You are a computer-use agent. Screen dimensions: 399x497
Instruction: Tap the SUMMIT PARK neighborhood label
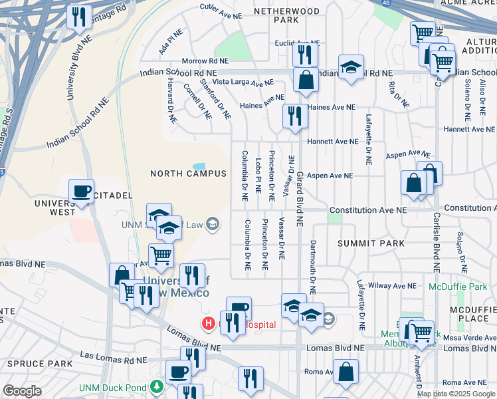coord(371,243)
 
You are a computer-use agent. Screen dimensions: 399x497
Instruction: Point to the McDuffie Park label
coord(458,287)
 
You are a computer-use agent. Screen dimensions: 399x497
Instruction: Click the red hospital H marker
coord(208,325)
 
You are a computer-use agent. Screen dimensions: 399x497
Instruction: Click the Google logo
coord(22,391)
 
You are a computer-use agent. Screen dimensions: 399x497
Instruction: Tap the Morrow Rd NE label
coord(205,61)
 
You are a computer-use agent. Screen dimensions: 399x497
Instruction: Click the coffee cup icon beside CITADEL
coord(81,192)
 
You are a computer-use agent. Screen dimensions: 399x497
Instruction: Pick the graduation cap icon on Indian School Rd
coord(351,67)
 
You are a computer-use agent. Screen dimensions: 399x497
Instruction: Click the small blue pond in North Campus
coord(199,166)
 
